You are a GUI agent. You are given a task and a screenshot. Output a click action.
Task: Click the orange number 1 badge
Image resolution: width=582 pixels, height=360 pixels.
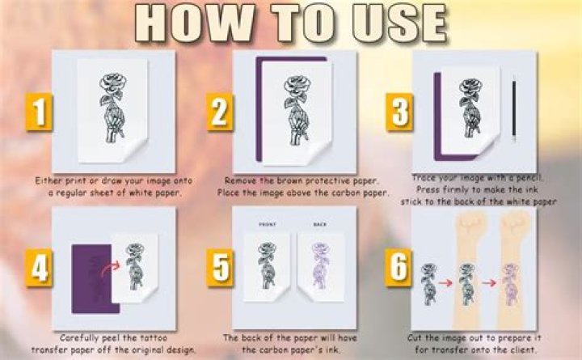tap(39, 113)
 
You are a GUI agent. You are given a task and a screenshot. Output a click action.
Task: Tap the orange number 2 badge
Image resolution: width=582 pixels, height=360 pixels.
tap(219, 113)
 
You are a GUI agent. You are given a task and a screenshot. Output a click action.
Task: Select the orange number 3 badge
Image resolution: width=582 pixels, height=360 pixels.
tap(398, 113)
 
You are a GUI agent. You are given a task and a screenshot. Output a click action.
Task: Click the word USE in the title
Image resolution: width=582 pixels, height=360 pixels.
tap(396, 24)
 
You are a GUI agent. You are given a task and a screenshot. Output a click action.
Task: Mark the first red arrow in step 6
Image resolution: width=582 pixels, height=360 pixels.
tap(445, 284)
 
